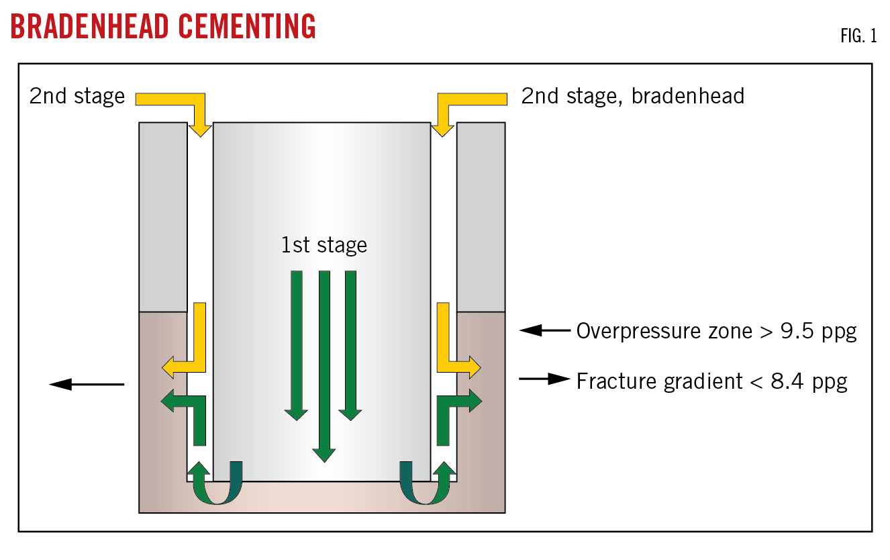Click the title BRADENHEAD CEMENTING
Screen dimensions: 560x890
point(163,27)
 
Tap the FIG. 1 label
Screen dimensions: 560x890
point(858,36)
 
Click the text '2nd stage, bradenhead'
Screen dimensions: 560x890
point(633,97)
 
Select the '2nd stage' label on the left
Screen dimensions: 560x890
point(77,97)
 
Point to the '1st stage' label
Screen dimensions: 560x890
point(324,245)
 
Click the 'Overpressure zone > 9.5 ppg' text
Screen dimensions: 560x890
point(716,332)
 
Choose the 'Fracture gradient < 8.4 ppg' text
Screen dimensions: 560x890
point(711,381)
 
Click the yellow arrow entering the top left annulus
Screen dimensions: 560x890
point(181,105)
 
